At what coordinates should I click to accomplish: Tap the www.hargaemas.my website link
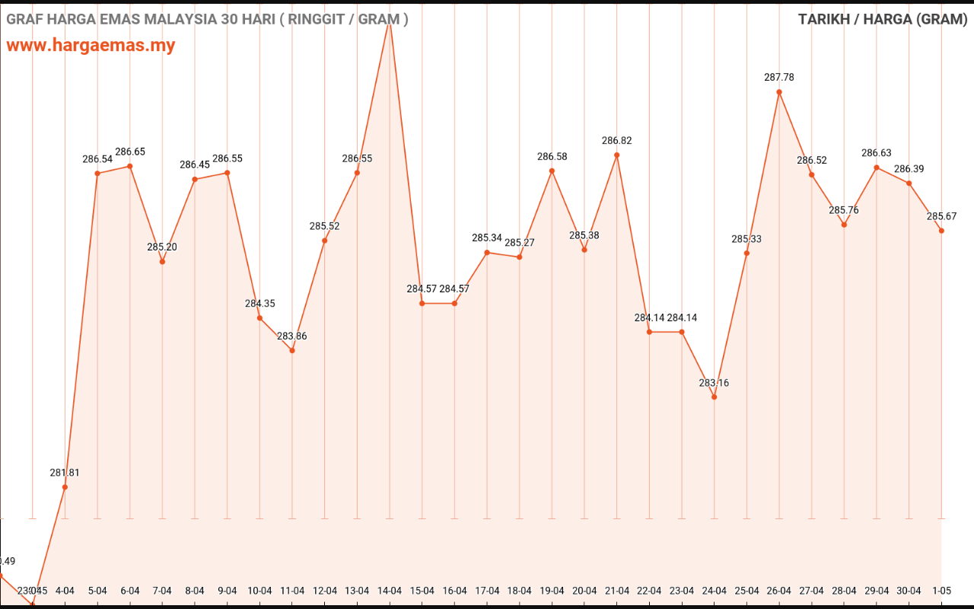[x=91, y=46]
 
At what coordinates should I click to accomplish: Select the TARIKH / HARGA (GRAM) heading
[x=883, y=19]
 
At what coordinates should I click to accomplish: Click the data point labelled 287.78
[x=779, y=92]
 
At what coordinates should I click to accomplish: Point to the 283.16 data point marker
[x=714, y=397]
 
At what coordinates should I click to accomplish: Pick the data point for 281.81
[x=65, y=487]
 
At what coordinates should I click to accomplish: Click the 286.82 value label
[x=616, y=141]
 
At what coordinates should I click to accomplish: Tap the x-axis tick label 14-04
[x=390, y=591]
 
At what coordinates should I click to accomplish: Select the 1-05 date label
[x=941, y=591]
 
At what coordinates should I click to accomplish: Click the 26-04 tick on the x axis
[x=779, y=591]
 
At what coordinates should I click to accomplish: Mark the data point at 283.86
[x=292, y=350]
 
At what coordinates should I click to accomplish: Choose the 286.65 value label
[x=130, y=152]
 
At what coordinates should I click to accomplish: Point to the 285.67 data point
[x=941, y=231]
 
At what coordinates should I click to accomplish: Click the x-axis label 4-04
[x=65, y=591]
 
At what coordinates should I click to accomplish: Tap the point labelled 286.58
[x=552, y=171]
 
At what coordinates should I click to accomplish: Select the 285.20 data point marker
[x=162, y=262]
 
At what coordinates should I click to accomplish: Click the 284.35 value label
[x=260, y=304]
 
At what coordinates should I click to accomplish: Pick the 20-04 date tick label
[x=584, y=591]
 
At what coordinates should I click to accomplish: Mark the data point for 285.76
[x=844, y=225]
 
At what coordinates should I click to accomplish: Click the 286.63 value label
[x=877, y=153]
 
